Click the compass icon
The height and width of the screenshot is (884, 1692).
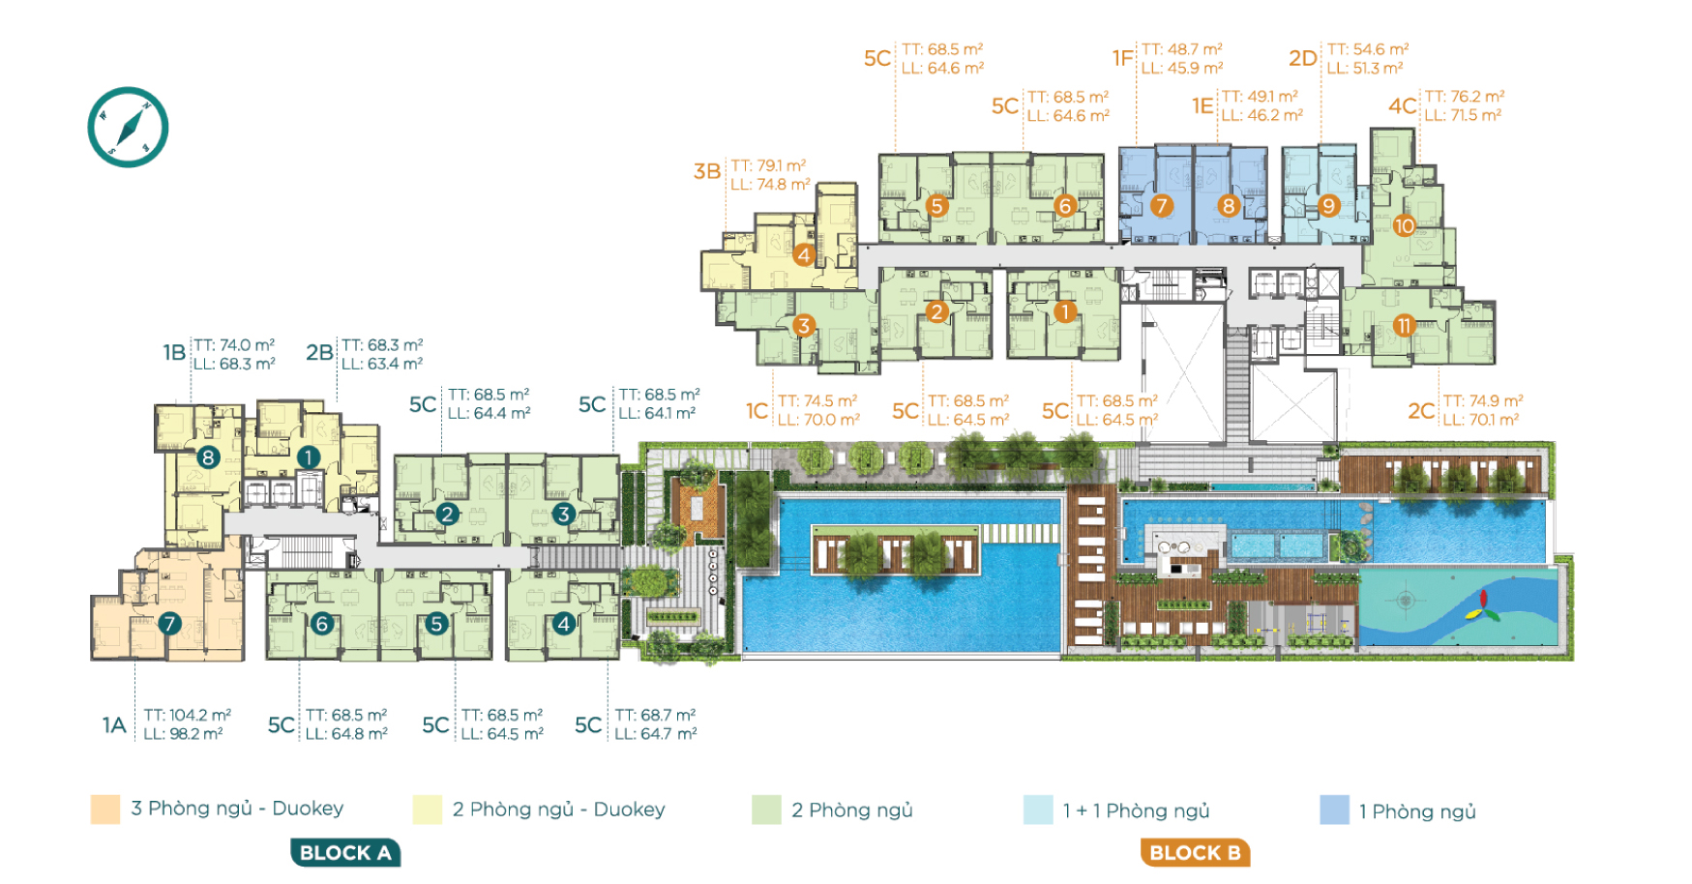pyautogui.click(x=128, y=128)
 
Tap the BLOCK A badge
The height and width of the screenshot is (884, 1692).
pyautogui.click(x=345, y=852)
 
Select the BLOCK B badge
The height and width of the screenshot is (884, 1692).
pyautogui.click(x=1195, y=852)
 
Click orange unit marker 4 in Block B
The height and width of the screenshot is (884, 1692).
pyautogui.click(x=804, y=255)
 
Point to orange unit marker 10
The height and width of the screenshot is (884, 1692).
pyautogui.click(x=1404, y=225)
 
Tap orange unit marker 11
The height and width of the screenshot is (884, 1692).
pyautogui.click(x=1404, y=326)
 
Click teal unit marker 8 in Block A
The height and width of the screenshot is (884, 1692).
pyautogui.click(x=208, y=457)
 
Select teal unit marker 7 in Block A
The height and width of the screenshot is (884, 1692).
pyautogui.click(x=169, y=624)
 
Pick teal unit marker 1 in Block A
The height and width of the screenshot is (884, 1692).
pyautogui.click(x=309, y=457)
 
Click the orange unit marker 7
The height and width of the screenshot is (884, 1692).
pyautogui.click(x=1161, y=206)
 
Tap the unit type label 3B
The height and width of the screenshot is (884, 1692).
pyautogui.click(x=707, y=172)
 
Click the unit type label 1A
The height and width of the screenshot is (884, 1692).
pyautogui.click(x=114, y=725)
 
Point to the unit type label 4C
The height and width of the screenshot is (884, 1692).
pyautogui.click(x=1403, y=105)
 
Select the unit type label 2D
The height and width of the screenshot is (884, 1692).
pyautogui.click(x=1303, y=58)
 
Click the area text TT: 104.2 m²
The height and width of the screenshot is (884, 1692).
pyautogui.click(x=188, y=715)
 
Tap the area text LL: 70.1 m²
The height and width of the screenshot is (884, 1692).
pyautogui.click(x=1481, y=420)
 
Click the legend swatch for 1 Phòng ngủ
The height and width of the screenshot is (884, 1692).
pyautogui.click(x=1334, y=810)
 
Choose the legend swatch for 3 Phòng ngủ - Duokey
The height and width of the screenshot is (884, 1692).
pyautogui.click(x=105, y=809)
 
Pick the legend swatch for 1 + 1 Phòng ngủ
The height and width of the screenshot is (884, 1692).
pyautogui.click(x=1038, y=810)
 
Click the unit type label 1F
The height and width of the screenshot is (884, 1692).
pyautogui.click(x=1122, y=58)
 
